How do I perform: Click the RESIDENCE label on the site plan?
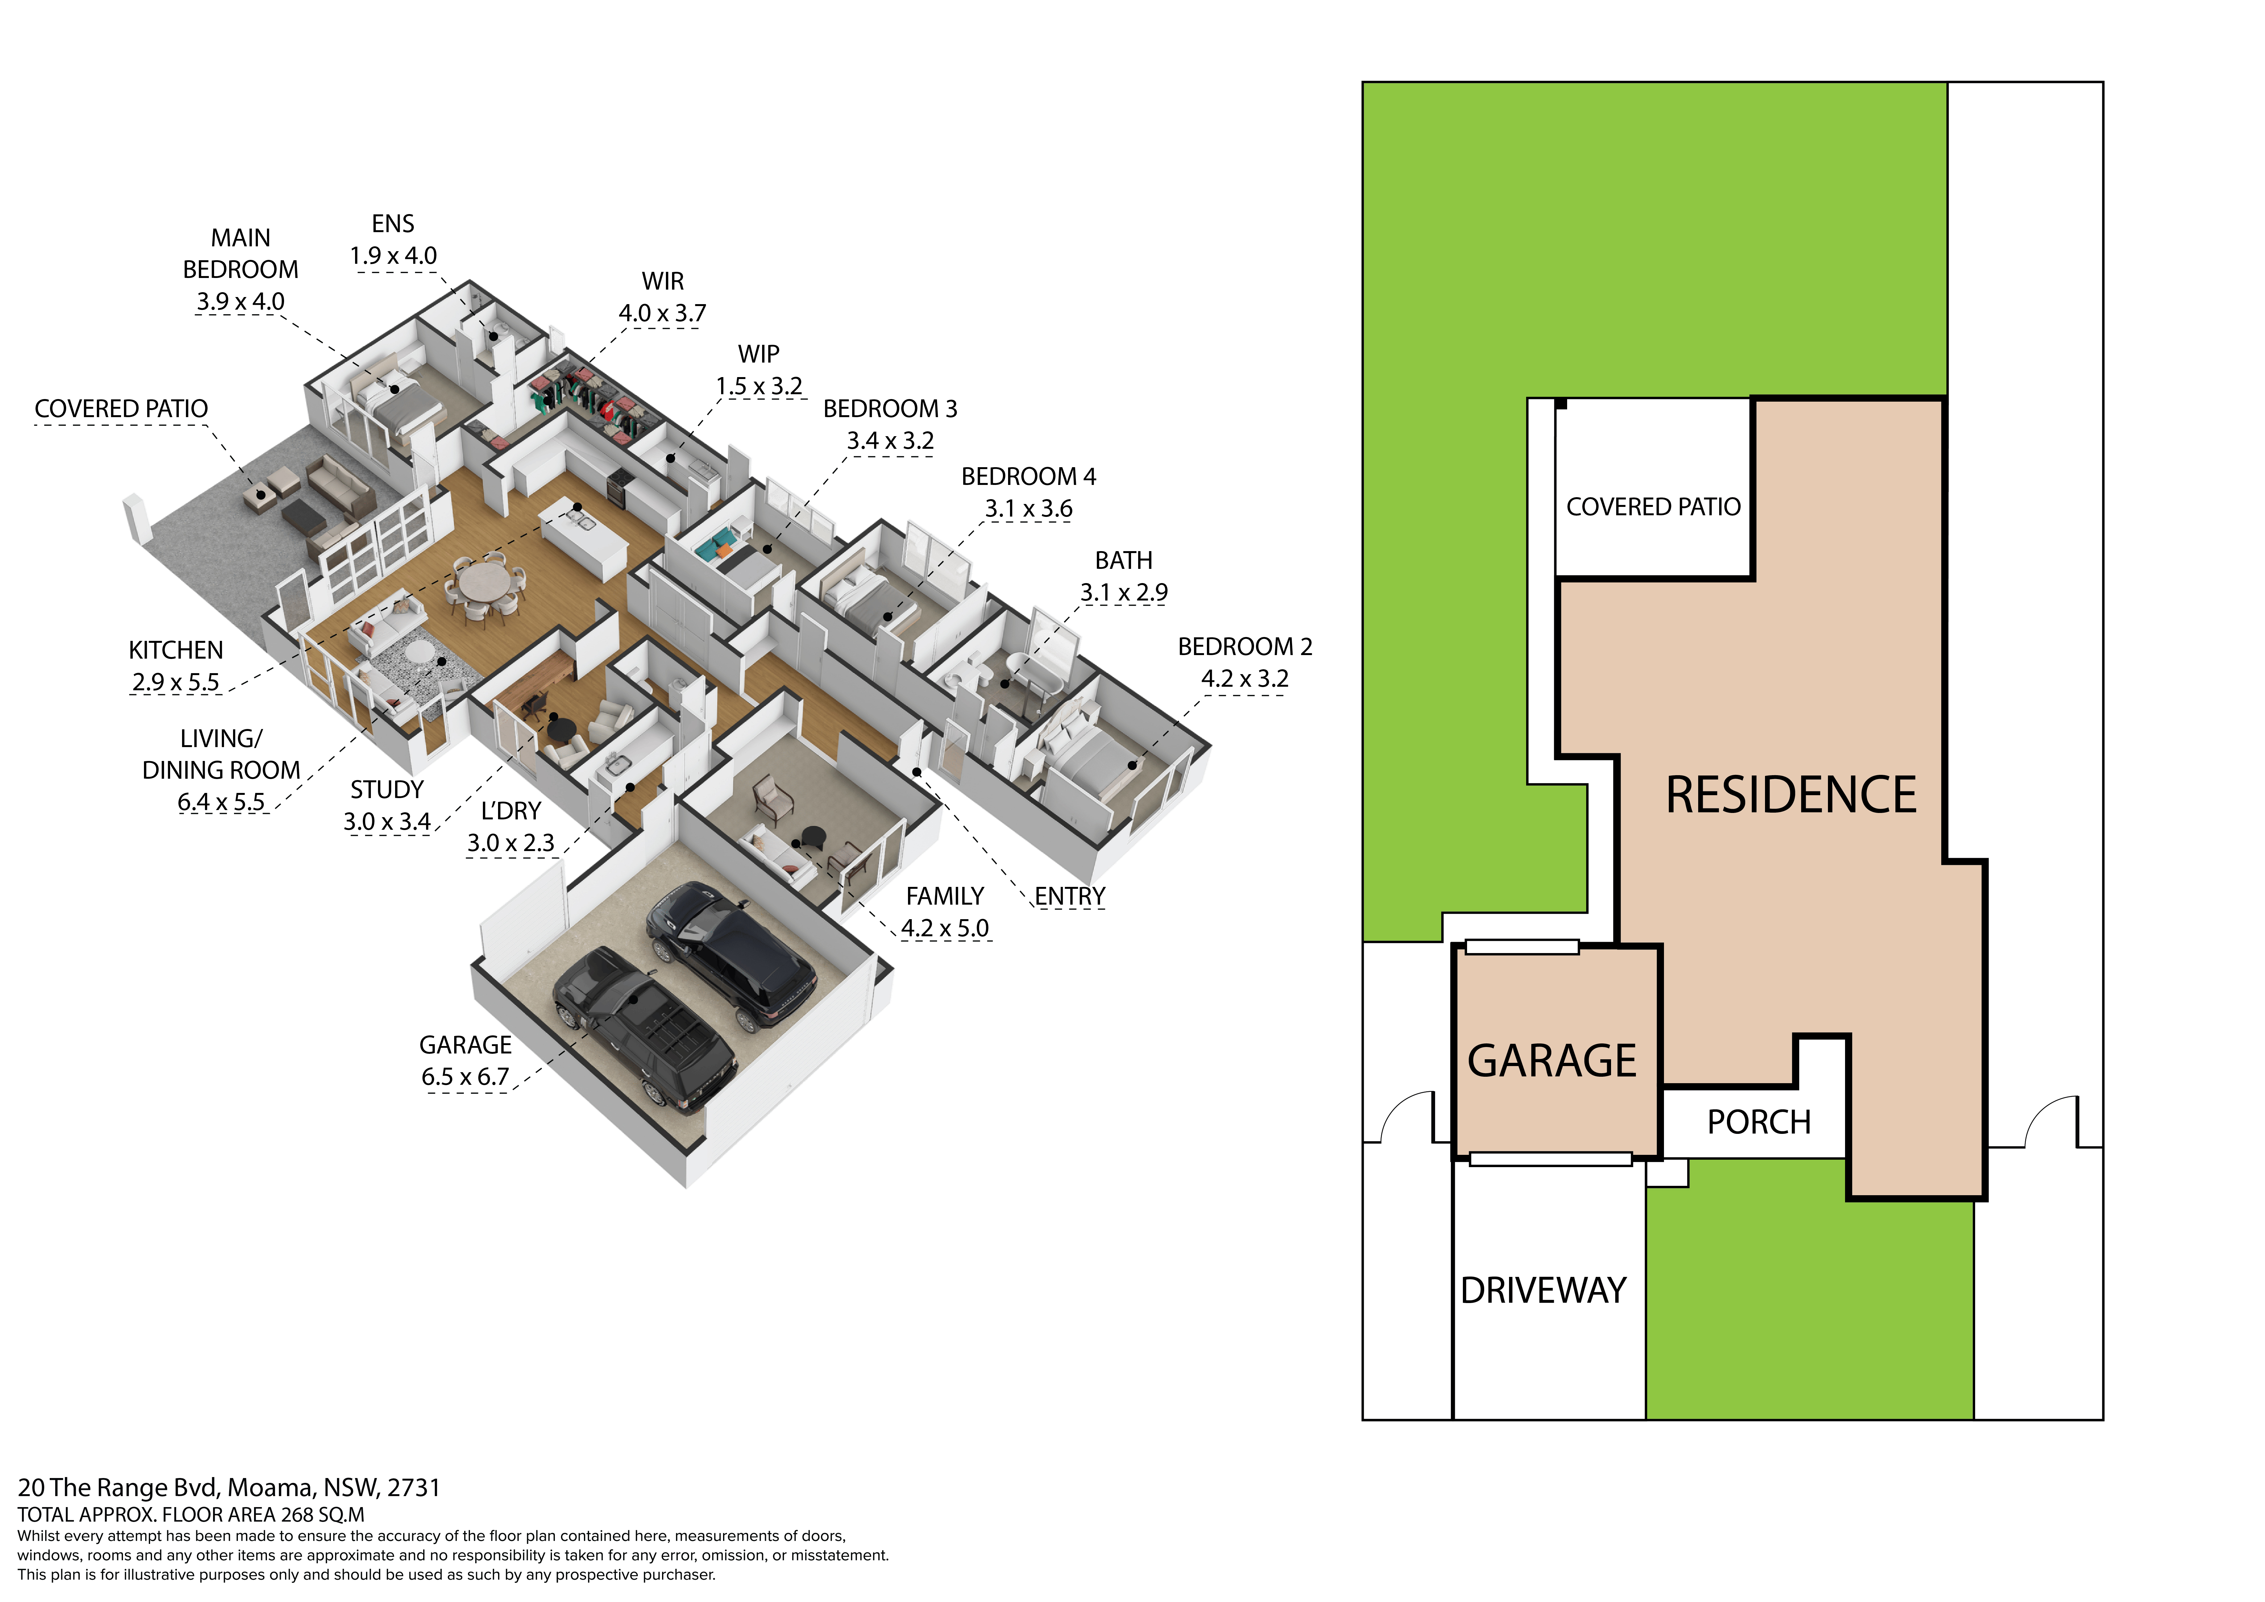pyautogui.click(x=1791, y=795)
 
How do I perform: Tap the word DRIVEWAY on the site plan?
pyautogui.click(x=1543, y=1290)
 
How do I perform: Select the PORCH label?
pyautogui.click(x=1759, y=1123)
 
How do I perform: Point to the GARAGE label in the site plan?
pyautogui.click(x=1552, y=1062)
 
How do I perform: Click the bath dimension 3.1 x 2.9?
pyautogui.click(x=1124, y=593)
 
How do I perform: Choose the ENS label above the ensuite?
pyautogui.click(x=393, y=224)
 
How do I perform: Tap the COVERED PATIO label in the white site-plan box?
pyautogui.click(x=1653, y=507)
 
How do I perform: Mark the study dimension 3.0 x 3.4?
pyautogui.click(x=387, y=822)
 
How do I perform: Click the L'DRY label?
pyautogui.click(x=511, y=811)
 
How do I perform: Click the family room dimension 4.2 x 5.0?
pyautogui.click(x=945, y=928)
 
